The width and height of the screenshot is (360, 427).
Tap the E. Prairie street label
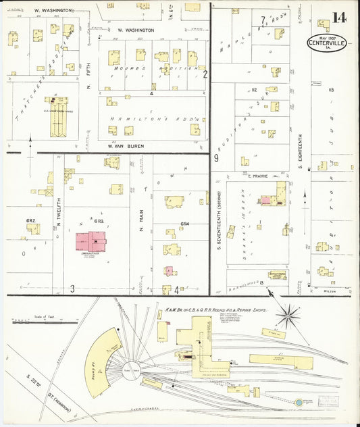(x=257, y=176)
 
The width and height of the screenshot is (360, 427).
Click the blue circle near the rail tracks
(x=299, y=402)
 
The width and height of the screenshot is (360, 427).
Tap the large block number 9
(x=216, y=158)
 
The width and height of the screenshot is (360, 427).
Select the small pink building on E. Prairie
(x=266, y=200)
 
